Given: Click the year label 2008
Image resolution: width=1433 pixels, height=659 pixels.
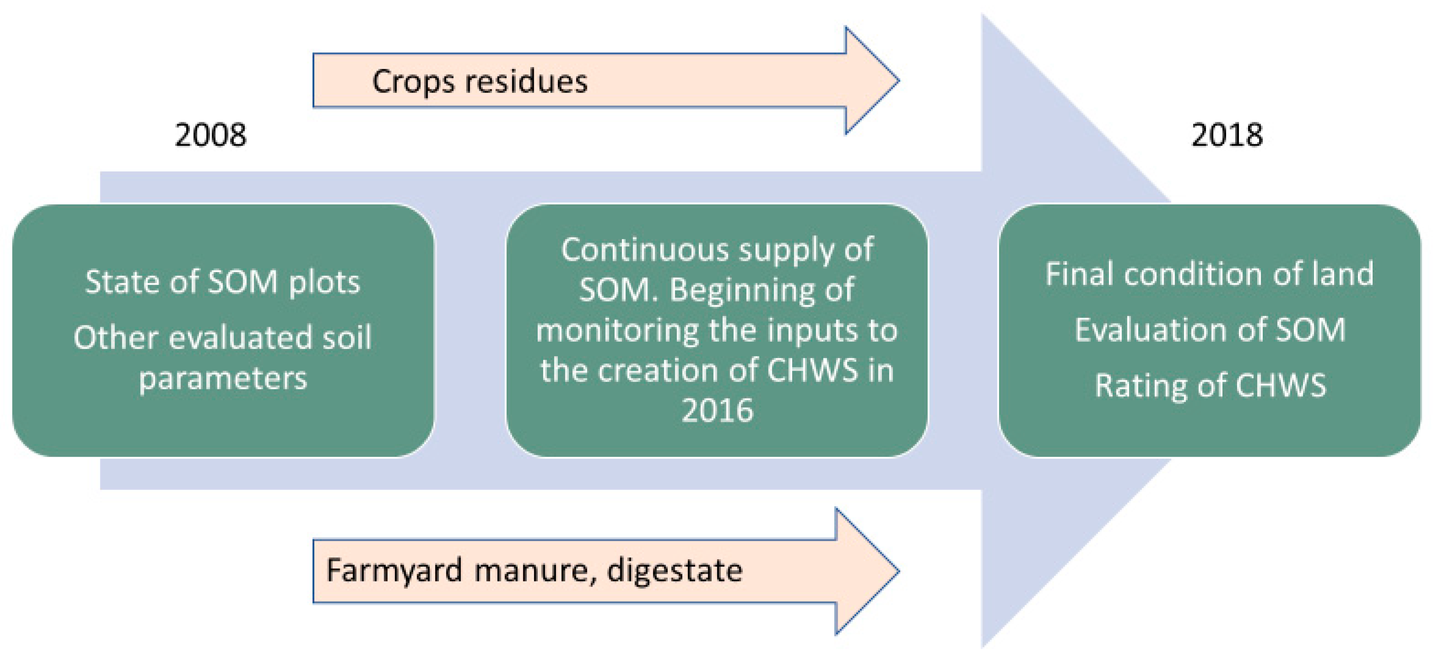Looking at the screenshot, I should pos(210,135).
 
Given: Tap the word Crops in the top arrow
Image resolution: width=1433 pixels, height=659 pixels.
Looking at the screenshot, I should pos(413,82).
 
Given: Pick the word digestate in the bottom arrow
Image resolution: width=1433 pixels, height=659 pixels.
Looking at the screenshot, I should pos(674,570).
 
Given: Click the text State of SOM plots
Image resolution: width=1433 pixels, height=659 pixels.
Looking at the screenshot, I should pos(223,282).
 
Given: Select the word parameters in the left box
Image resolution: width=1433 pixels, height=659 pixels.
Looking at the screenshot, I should pos(223,379).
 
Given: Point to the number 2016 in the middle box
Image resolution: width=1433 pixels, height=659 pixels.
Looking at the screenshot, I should pos(717,411).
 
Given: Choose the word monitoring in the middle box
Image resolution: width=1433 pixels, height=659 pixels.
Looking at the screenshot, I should pos(618,330).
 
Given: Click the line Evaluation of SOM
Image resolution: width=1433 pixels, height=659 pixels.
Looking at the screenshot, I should pos(1209,330).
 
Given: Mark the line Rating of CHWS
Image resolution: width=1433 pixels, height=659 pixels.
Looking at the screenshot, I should pos(1209,385).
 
